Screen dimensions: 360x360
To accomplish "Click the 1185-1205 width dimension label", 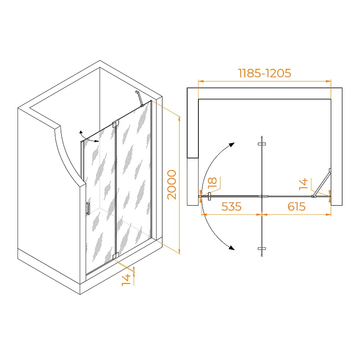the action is (x=265, y=73).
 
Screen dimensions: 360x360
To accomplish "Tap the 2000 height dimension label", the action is (x=171, y=184).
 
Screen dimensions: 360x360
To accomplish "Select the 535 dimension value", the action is (x=231, y=207).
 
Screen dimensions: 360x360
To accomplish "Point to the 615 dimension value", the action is (x=297, y=207).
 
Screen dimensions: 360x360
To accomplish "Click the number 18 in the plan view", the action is (x=212, y=183).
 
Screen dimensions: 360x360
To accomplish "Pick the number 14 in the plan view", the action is (x=303, y=184).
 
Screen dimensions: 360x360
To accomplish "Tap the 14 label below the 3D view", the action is (x=126, y=280).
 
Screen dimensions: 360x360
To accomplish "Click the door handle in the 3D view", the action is (x=88, y=208).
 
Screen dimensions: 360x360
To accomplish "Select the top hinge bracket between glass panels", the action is (x=115, y=124).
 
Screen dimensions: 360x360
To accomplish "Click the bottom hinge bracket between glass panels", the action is (x=115, y=256).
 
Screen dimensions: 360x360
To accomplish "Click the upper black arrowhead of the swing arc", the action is (x=231, y=145).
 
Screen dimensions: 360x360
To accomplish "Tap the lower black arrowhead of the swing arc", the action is (x=231, y=247).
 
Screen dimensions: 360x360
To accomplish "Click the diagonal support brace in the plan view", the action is (x=321, y=183).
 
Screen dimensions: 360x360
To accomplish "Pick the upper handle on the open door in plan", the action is (x=262, y=144).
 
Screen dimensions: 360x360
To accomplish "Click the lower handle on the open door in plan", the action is (x=262, y=249).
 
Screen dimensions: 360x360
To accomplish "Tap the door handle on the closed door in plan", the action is (x=209, y=196).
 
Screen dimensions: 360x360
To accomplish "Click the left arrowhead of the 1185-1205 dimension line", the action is (x=201, y=81).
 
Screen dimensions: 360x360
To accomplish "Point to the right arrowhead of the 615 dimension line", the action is (x=328, y=215).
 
